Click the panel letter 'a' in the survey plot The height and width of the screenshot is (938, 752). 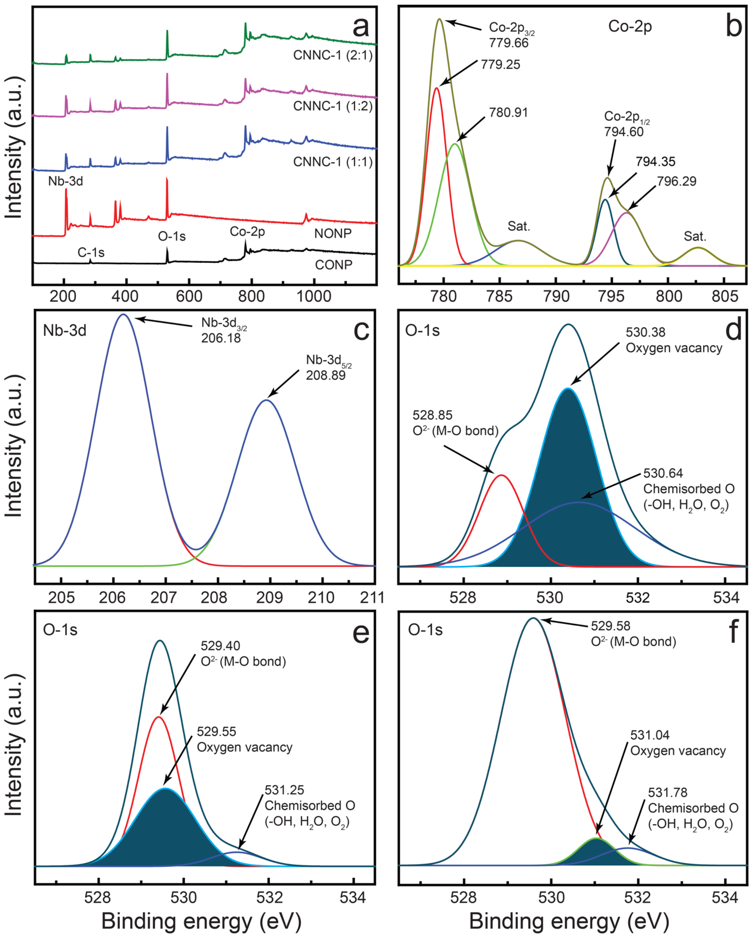[361, 27]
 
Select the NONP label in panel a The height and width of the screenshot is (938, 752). [333, 234]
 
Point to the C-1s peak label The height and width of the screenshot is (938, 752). [91, 252]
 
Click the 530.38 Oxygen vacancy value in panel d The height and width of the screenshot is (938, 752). [646, 332]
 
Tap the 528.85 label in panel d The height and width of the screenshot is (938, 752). [432, 415]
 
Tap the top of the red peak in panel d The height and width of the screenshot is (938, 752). [501, 476]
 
